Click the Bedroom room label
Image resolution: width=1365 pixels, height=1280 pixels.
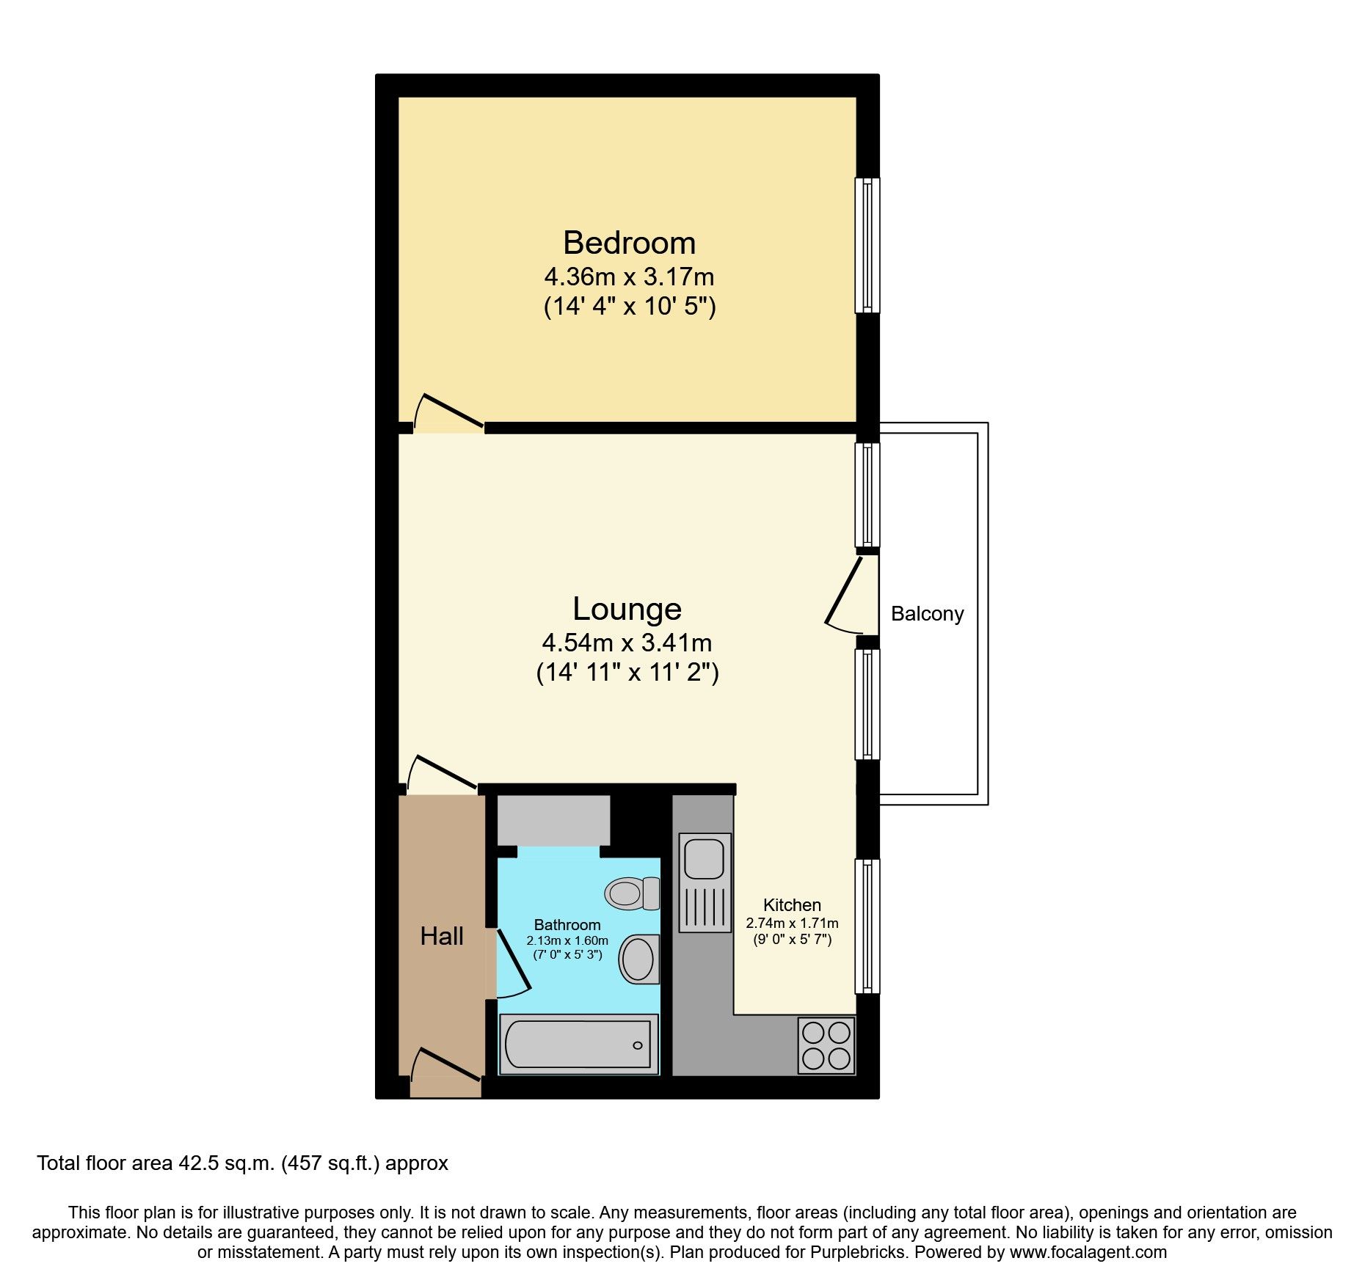coord(629,243)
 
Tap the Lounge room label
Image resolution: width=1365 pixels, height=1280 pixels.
coord(627,609)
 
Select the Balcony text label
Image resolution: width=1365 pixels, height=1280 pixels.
coord(927,614)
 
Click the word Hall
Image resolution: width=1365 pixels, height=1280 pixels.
coord(442,936)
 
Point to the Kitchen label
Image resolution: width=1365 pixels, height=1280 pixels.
coord(792,905)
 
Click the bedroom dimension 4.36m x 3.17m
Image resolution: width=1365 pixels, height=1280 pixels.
coord(629,277)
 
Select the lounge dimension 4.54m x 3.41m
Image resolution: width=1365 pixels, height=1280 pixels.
coord(627,643)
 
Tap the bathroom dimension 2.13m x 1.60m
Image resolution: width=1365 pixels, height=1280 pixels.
coord(567,940)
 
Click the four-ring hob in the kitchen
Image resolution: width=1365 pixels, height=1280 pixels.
coord(826,1045)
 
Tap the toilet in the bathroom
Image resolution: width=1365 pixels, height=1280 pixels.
coord(633,893)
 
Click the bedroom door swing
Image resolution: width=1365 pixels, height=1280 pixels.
coord(448,414)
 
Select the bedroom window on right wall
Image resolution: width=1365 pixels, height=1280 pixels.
coord(867,245)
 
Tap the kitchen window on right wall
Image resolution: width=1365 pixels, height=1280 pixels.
coord(867,926)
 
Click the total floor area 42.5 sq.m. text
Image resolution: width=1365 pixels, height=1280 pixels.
coord(242,1163)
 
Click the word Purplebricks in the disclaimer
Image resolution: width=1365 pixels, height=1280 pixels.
coord(858,1252)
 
